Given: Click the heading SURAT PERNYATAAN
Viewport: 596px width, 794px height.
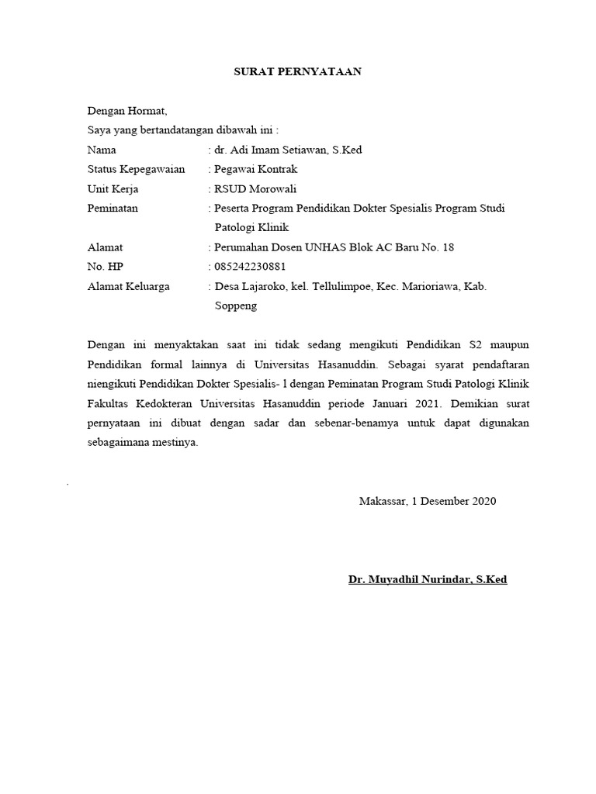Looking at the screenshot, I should [x=298, y=72].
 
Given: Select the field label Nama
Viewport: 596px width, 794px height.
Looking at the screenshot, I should [x=102, y=150].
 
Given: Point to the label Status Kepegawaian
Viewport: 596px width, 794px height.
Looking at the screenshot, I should [x=136, y=169].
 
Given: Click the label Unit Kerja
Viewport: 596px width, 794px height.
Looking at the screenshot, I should [x=113, y=188].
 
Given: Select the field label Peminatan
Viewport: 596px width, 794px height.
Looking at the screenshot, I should [x=113, y=209].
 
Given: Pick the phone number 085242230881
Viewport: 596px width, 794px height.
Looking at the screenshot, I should [x=254, y=267].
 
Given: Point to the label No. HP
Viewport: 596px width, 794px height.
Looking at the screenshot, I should [x=106, y=267].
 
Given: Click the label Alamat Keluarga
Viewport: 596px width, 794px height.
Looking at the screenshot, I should [x=129, y=286].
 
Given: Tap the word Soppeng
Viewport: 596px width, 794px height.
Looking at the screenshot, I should [x=235, y=306].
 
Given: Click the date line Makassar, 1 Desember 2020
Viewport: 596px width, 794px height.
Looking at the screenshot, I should [x=428, y=501].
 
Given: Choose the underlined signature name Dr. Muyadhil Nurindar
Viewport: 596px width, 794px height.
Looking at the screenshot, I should [x=428, y=579].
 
